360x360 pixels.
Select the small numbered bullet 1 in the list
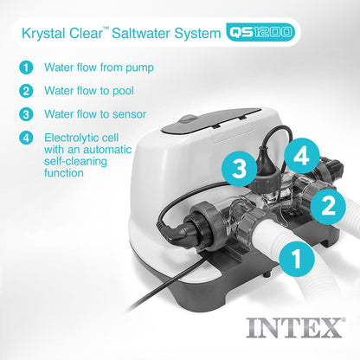[28, 66]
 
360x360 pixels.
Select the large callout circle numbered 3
[237, 169]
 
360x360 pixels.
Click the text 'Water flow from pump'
[100, 66]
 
